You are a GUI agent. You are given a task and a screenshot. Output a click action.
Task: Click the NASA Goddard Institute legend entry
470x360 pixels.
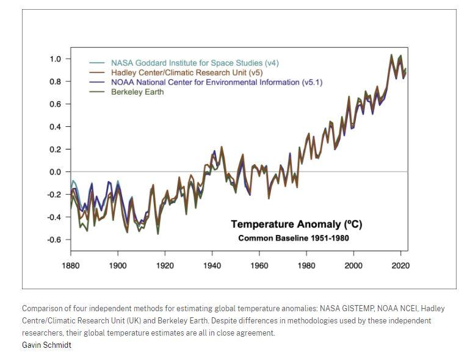pyautogui.click(x=194, y=63)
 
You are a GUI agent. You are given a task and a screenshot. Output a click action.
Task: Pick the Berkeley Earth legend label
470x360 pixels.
pyautogui.click(x=137, y=92)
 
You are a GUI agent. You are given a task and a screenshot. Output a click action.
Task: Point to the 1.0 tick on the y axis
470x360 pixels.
pyautogui.click(x=56, y=59)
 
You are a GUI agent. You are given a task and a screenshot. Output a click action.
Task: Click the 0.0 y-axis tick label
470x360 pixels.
pyautogui.click(x=56, y=172)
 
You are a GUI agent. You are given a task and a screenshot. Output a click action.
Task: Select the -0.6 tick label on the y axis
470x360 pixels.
pyautogui.click(x=54, y=240)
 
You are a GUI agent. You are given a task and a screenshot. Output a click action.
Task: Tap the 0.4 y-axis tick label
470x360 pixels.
pyautogui.click(x=56, y=127)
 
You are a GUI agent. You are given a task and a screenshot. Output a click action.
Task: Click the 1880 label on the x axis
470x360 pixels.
pyautogui.click(x=71, y=265)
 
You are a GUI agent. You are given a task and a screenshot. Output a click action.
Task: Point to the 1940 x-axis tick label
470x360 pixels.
pyautogui.click(x=212, y=265)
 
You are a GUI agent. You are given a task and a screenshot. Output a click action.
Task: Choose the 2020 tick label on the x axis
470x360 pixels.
pyautogui.click(x=401, y=265)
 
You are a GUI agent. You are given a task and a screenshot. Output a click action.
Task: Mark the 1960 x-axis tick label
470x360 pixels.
pyautogui.click(x=259, y=265)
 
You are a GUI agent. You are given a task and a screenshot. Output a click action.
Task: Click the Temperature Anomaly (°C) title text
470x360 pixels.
pyautogui.click(x=296, y=225)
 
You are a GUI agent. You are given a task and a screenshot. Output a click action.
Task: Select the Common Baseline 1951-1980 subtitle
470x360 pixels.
pyautogui.click(x=294, y=238)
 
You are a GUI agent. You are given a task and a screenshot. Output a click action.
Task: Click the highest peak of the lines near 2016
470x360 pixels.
pyautogui.click(x=391, y=55)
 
